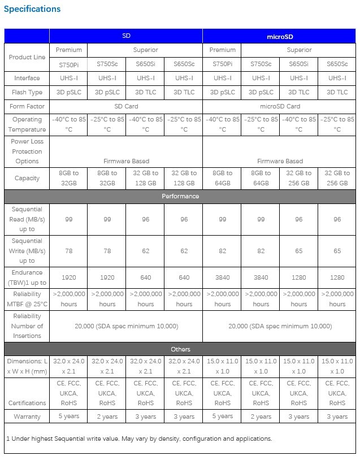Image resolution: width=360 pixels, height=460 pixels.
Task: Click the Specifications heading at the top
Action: point(32,9)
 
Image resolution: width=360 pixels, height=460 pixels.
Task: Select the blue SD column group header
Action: point(126,36)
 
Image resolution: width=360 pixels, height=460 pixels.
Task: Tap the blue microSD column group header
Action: point(279,36)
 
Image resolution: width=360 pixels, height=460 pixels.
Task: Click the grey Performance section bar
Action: point(180,197)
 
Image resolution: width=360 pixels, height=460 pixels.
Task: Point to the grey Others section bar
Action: point(180,349)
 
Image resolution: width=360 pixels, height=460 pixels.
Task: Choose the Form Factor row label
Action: point(27,106)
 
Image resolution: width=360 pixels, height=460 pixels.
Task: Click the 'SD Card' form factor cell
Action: point(126,106)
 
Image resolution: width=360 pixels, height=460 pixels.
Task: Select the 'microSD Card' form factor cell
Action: point(280,106)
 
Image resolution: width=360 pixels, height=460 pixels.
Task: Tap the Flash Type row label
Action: point(27,92)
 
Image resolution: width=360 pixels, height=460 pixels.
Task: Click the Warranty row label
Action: point(27,416)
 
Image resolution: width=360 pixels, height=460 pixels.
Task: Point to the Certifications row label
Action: point(27,403)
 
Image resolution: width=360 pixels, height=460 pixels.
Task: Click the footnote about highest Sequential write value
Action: point(139,439)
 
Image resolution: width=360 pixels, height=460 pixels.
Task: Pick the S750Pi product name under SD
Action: point(68,64)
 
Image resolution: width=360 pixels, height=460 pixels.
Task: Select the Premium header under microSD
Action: point(222,50)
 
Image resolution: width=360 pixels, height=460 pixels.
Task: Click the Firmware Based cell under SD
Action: point(126,161)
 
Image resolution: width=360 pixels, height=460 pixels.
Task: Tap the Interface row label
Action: point(27,78)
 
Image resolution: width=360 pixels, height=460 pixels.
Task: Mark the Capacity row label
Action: point(27,178)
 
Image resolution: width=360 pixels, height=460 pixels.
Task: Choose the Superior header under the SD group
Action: point(145,50)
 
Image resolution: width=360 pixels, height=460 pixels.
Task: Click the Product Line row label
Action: point(27,57)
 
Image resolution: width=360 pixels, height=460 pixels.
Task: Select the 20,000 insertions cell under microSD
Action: point(280,326)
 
